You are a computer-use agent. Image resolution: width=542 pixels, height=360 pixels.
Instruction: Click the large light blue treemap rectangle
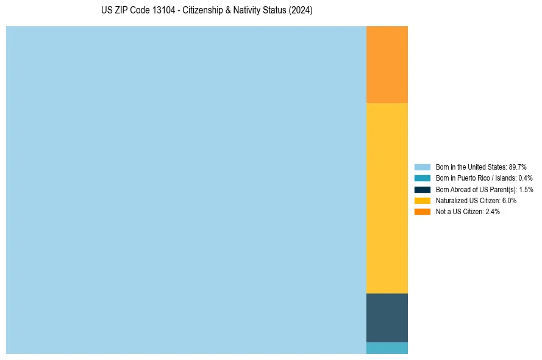click(x=186, y=190)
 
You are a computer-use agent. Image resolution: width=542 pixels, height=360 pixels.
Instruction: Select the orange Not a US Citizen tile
click(x=387, y=65)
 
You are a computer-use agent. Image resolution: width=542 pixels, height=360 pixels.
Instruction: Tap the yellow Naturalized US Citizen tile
click(x=387, y=198)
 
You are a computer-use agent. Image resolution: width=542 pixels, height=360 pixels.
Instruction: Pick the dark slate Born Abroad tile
click(x=387, y=318)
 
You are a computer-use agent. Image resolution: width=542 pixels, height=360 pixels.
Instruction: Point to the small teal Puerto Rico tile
click(x=387, y=348)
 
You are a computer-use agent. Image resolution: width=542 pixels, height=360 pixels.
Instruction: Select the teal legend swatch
click(x=422, y=178)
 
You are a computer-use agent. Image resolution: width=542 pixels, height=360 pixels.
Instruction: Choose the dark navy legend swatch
click(x=422, y=190)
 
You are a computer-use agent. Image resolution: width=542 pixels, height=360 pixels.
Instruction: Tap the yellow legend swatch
click(x=422, y=201)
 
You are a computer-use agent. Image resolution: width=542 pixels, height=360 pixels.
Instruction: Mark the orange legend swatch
click(x=422, y=212)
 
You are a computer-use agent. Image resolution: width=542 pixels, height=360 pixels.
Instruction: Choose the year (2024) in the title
click(x=301, y=11)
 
